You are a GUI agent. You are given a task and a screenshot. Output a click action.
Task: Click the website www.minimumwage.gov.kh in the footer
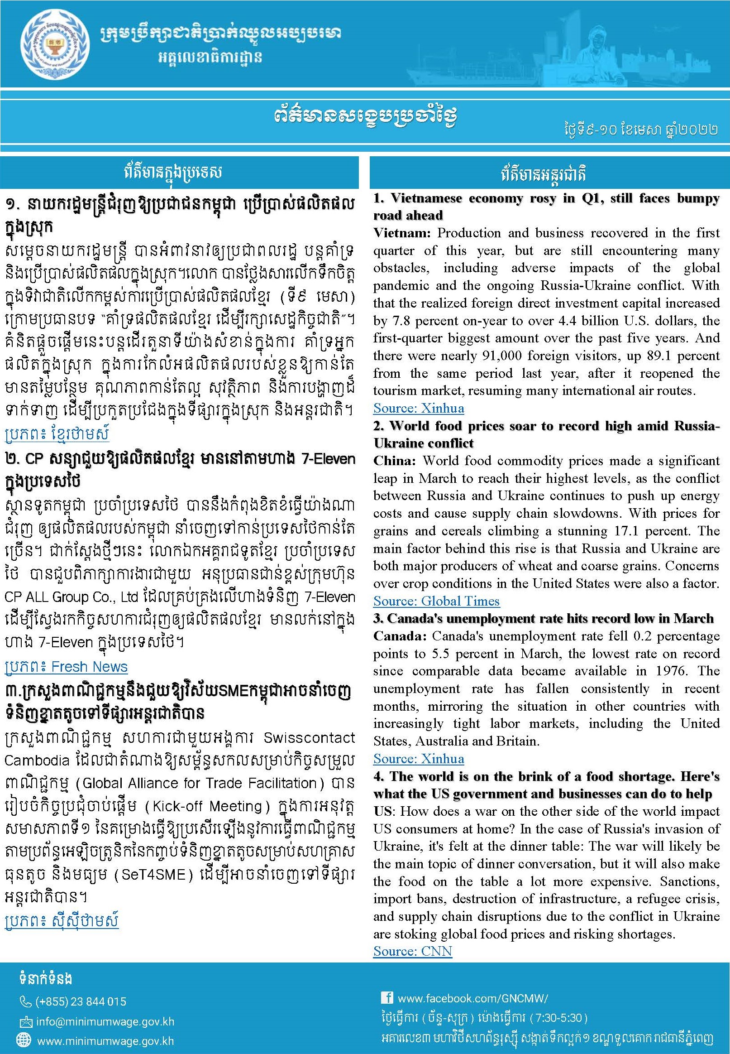pos(105,1041)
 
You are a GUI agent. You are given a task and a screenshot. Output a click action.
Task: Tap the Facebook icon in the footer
pos(386,998)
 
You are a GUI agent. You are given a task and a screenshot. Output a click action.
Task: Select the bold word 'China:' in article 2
pos(394,461)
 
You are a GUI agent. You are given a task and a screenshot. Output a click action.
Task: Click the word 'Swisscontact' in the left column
pos(309,737)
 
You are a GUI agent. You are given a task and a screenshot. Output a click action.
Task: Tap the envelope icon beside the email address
pos(25,1021)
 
